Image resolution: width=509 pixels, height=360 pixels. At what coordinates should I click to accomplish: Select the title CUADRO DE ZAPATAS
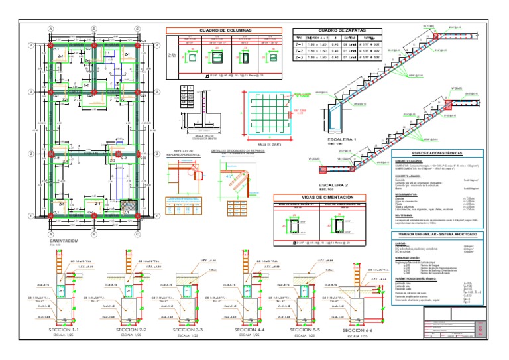(337, 30)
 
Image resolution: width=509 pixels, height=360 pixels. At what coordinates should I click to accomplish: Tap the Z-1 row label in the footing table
(300, 44)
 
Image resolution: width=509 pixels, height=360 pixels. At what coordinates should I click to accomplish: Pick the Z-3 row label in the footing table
(300, 57)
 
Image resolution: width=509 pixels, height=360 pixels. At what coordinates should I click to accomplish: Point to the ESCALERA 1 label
(342, 140)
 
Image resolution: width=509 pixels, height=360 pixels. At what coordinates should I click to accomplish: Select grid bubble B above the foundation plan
(94, 29)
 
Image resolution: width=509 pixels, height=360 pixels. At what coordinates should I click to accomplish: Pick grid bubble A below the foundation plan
(51, 234)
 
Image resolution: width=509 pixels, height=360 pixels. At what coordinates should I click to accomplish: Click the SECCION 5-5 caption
(304, 330)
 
